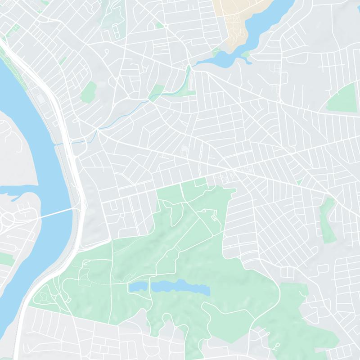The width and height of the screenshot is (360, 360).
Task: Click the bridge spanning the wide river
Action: tap(54, 212)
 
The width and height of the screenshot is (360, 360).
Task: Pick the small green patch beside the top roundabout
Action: tap(159, 25)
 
